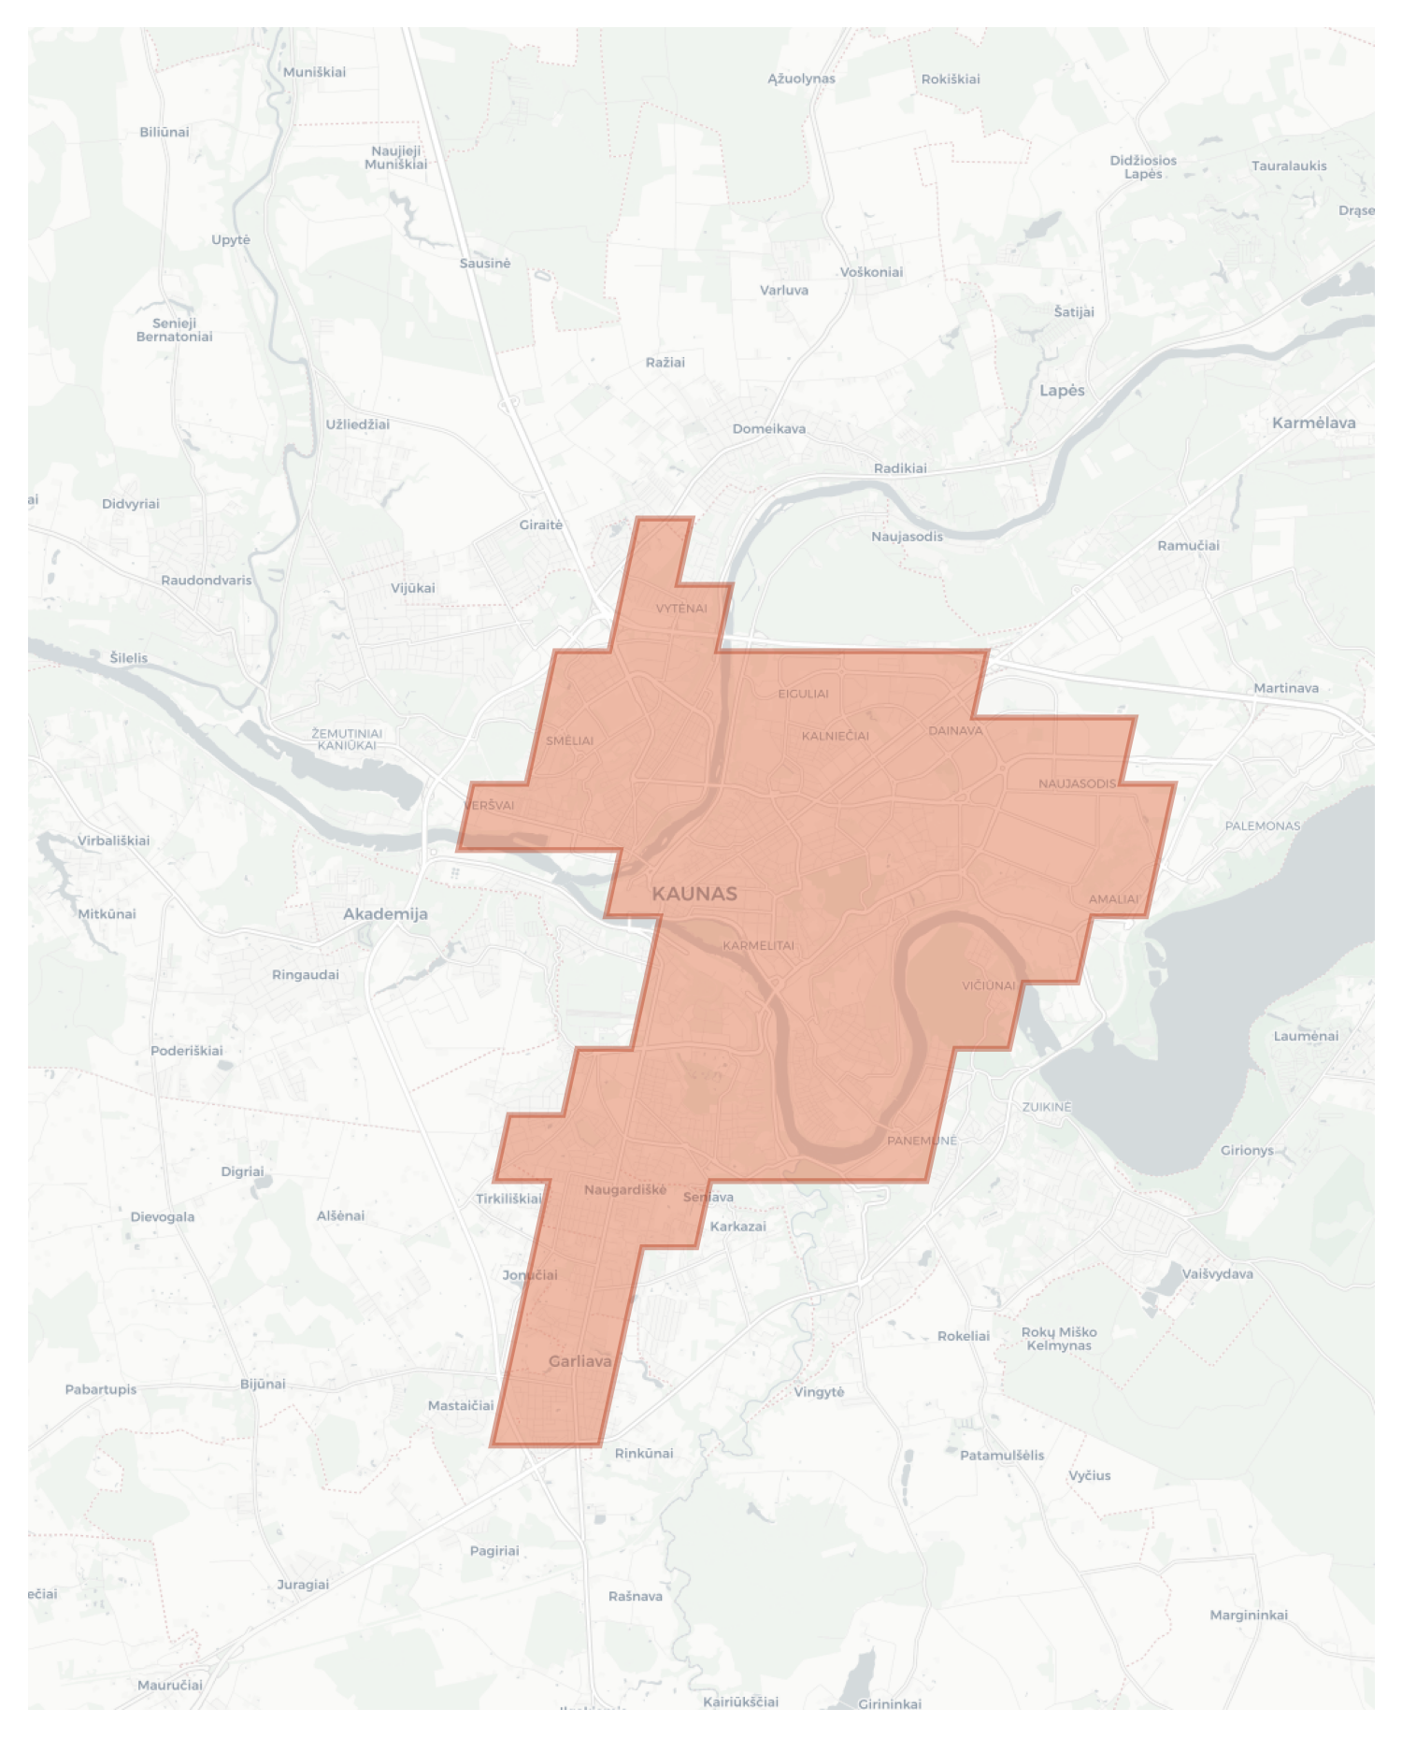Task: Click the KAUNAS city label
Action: pyautogui.click(x=694, y=894)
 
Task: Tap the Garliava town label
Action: pyautogui.click(x=580, y=1361)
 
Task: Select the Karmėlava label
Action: pyautogui.click(x=1313, y=423)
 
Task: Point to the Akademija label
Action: pyautogui.click(x=385, y=914)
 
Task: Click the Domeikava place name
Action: pyautogui.click(x=768, y=429)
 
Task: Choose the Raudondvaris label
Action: pyautogui.click(x=206, y=581)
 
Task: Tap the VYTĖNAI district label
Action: pyautogui.click(x=681, y=609)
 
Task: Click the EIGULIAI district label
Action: pyautogui.click(x=803, y=694)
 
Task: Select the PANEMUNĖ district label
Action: pyautogui.click(x=922, y=1141)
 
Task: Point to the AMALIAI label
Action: pyautogui.click(x=1113, y=899)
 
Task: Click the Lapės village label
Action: pyautogui.click(x=1062, y=391)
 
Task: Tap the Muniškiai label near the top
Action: pyautogui.click(x=314, y=72)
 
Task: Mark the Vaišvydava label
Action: pyautogui.click(x=1217, y=1273)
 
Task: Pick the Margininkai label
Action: pyautogui.click(x=1248, y=1615)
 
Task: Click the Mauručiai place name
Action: pyautogui.click(x=169, y=1685)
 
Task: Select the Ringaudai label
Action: pyautogui.click(x=305, y=974)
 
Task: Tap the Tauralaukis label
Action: pyautogui.click(x=1289, y=165)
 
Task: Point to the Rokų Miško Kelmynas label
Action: pyautogui.click(x=1058, y=1339)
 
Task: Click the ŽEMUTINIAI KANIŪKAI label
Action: pyautogui.click(x=347, y=740)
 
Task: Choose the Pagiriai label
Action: pyautogui.click(x=494, y=1550)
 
